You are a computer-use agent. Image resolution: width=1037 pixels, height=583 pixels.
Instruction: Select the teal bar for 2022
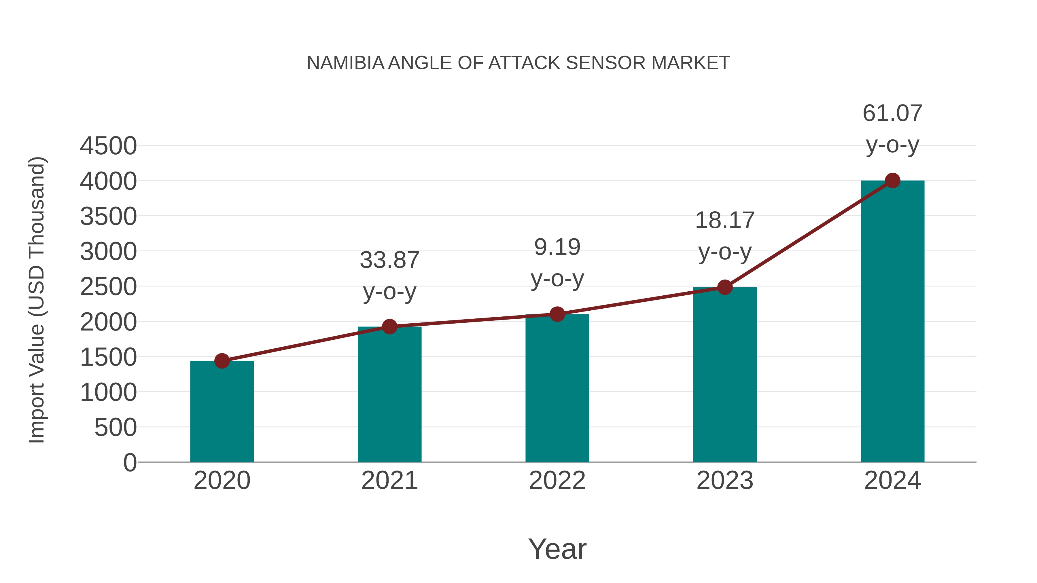tap(557, 388)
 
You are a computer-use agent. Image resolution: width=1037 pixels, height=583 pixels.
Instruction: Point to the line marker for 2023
tap(725, 287)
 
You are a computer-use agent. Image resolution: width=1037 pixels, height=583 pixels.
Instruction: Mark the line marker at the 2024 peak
tap(892, 181)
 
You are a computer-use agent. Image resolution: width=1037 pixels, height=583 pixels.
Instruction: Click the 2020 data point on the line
tap(222, 361)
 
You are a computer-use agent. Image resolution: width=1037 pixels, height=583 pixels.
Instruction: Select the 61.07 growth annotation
tap(892, 113)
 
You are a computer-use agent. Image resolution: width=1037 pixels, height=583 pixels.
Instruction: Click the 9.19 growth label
tap(557, 247)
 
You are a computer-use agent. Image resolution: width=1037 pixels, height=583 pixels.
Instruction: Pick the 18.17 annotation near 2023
tap(725, 221)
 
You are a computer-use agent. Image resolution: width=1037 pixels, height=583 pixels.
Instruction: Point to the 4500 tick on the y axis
tap(108, 146)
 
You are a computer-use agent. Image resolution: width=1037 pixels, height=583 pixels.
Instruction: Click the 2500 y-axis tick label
tap(108, 287)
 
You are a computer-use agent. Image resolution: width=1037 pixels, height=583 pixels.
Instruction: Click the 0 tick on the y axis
tap(130, 462)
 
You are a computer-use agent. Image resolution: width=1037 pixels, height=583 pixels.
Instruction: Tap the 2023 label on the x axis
tap(725, 481)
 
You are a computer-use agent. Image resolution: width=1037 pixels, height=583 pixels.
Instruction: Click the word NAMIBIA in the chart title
tap(345, 63)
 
